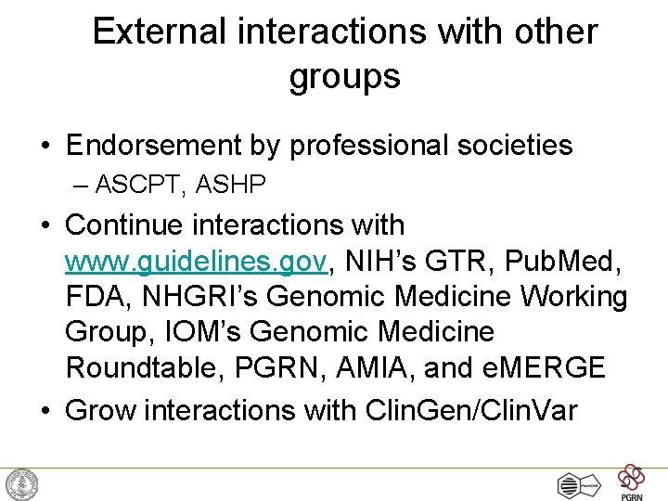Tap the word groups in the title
344,75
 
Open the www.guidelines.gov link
196,262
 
